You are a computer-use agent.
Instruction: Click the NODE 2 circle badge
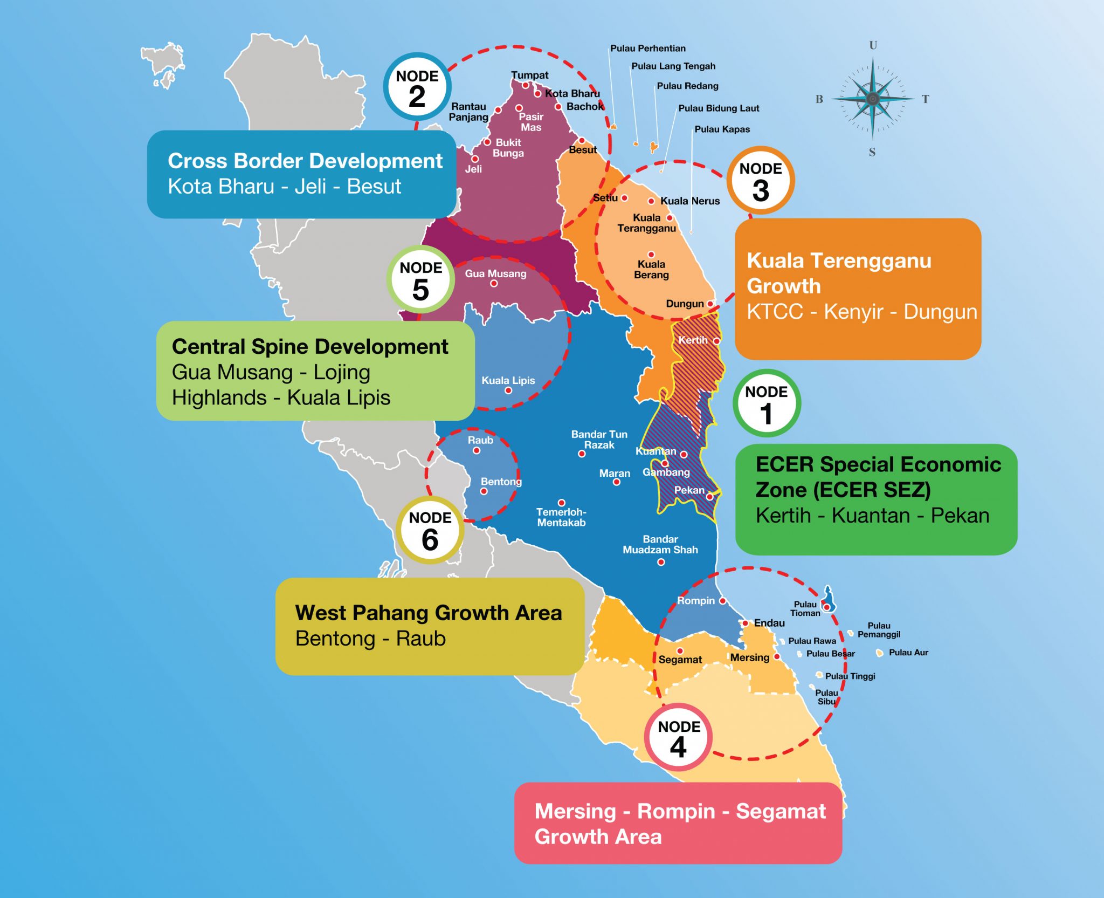pos(417,87)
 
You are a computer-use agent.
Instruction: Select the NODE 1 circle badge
pos(766,403)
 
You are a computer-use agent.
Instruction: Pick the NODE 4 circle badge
pos(679,737)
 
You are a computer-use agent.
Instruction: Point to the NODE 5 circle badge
pos(420,279)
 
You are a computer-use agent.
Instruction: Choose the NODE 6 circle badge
pos(430,530)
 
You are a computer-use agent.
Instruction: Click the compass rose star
pos(873,99)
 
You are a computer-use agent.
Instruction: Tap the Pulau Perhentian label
pos(648,49)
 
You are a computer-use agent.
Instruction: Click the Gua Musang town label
pos(495,273)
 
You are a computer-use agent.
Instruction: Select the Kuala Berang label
pos(651,269)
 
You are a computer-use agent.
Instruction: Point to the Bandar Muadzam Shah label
pos(660,544)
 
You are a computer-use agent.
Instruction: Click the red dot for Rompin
pos(723,601)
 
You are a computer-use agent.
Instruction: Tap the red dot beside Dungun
pos(710,304)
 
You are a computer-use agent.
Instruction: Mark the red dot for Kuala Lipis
pos(508,390)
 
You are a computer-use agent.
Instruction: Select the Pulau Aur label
pos(908,653)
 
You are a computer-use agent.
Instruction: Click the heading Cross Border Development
pos(305,161)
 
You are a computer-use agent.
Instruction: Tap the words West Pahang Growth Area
pos(429,613)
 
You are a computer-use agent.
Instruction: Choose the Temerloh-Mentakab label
pos(561,517)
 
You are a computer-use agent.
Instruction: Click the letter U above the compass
pos(873,45)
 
